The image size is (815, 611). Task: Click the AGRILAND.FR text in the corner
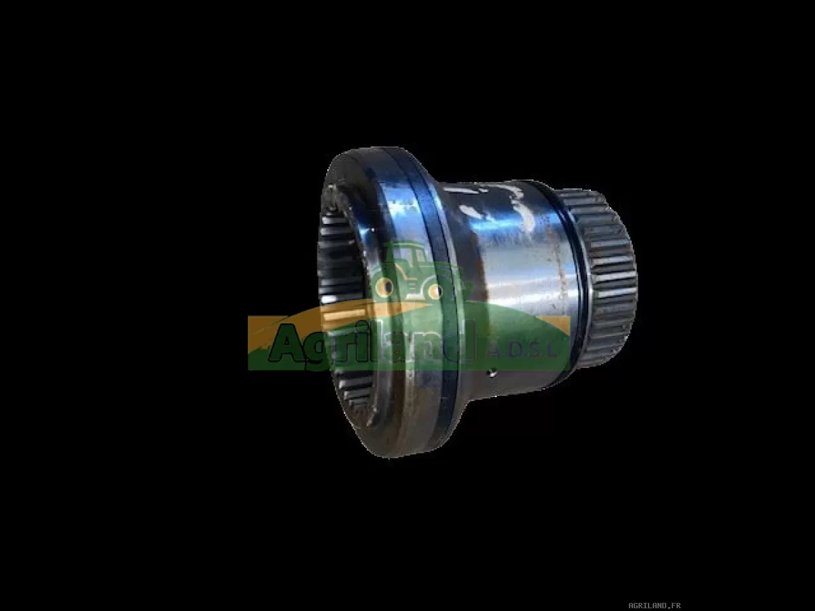coord(654,606)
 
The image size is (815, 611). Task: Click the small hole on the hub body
coord(492,372)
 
